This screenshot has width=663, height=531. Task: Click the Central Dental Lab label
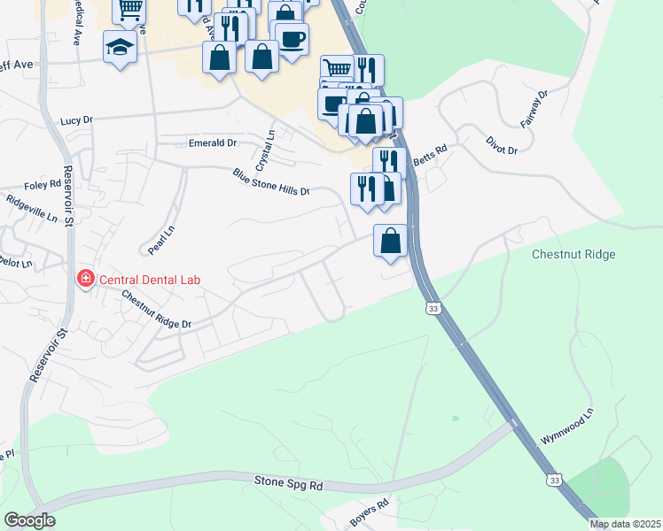pos(150,281)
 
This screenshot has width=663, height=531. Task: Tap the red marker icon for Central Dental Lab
pos(86,281)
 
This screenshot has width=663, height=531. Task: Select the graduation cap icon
pos(120,47)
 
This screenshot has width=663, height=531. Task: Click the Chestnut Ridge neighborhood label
pos(573,255)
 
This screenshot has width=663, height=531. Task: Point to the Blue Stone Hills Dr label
pos(271,181)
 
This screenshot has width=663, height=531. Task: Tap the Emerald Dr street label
pos(213,142)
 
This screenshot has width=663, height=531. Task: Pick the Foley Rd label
pos(43,185)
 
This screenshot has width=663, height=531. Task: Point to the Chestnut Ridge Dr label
pos(157,311)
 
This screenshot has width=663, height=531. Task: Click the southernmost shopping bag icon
pos(391,241)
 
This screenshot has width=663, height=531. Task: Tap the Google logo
pos(29,520)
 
